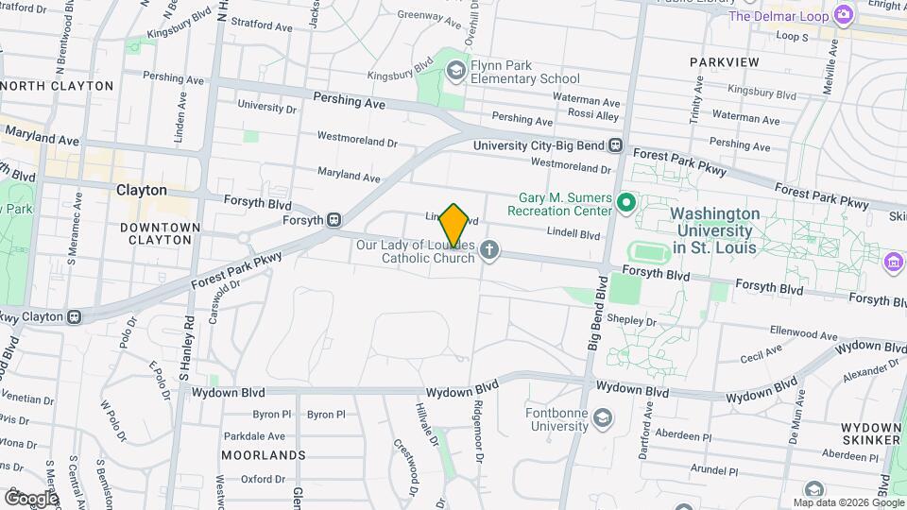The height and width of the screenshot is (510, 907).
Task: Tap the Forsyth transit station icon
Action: point(334,220)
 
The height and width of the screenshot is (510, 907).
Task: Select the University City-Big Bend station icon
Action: point(615,145)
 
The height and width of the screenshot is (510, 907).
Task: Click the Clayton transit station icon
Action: point(74,316)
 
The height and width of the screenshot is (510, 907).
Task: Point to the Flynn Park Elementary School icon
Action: point(457,69)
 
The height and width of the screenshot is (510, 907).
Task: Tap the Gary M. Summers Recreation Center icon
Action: point(625,202)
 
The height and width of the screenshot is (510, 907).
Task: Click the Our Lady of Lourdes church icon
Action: point(488,250)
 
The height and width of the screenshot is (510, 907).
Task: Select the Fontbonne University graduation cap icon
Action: point(601,416)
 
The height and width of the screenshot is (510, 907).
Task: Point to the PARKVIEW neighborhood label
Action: point(725,62)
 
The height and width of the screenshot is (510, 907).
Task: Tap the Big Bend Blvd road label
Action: point(595,322)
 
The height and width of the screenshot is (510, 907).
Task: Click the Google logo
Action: point(31,498)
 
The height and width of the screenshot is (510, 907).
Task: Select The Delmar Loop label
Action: point(779,16)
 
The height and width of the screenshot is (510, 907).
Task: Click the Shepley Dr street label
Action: point(632,322)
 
